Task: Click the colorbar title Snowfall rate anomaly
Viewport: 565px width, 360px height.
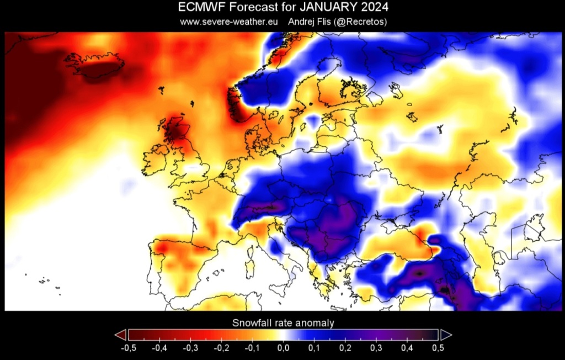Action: pyautogui.click(x=283, y=322)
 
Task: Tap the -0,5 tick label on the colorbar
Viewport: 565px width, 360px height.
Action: pyautogui.click(x=128, y=348)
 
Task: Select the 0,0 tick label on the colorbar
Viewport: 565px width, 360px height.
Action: pyautogui.click(x=283, y=348)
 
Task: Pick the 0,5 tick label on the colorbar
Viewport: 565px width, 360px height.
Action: pyautogui.click(x=438, y=348)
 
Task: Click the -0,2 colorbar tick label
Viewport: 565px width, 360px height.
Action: pyautogui.click(x=221, y=348)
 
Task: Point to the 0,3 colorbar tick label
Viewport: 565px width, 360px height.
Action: pyautogui.click(x=376, y=348)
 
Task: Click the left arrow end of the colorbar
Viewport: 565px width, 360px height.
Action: pyautogui.click(x=120, y=335)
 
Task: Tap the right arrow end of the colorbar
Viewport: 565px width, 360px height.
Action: pyautogui.click(x=446, y=335)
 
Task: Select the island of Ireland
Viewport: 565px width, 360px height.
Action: pyautogui.click(x=156, y=157)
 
